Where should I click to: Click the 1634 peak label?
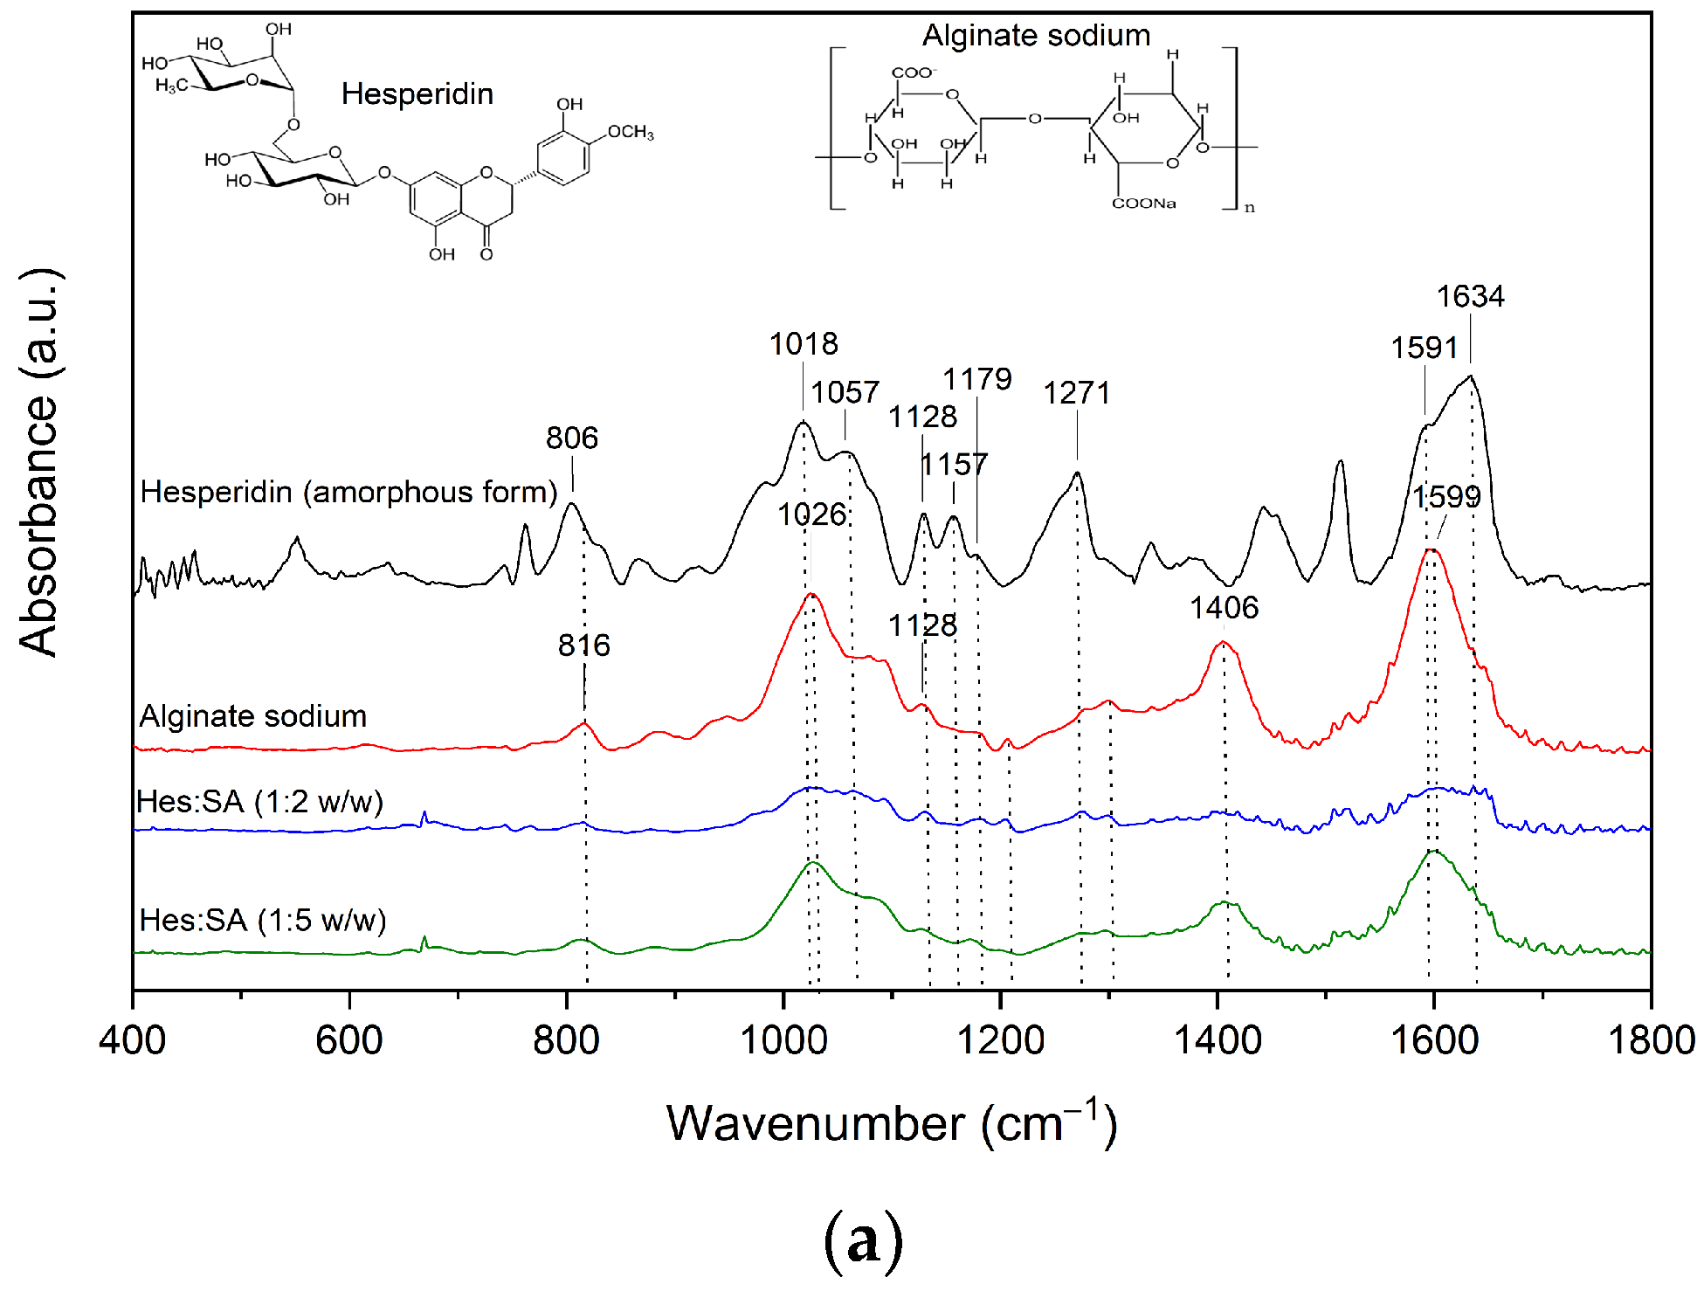coord(1470,297)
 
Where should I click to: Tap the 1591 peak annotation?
coord(1424,348)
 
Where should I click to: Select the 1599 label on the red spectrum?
coord(1446,497)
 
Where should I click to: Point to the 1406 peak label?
coord(1224,607)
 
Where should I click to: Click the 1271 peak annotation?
coord(1076,393)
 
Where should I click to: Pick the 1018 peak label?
coord(803,344)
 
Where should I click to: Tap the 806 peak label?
coord(572,438)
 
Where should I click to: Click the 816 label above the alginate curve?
coord(583,645)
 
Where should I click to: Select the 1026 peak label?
coord(811,514)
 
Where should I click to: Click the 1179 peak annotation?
coord(976,379)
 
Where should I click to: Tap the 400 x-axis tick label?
coord(133,1040)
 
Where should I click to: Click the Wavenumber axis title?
coord(891,1123)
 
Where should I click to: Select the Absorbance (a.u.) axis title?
coord(39,462)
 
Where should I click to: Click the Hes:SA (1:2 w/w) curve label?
coord(259,801)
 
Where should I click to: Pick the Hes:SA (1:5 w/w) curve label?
coord(262,920)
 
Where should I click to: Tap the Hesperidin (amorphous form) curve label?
coord(348,492)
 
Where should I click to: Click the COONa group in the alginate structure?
coord(1143,204)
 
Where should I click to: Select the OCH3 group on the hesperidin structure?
coord(630,132)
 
